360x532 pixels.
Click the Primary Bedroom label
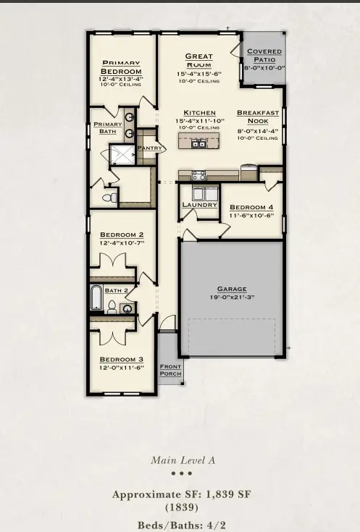[121, 67]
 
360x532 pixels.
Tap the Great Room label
[198, 60]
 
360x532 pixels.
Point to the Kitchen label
[199, 113]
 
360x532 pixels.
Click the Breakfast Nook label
[257, 117]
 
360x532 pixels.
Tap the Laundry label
[199, 205]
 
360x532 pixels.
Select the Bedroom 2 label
[121, 235]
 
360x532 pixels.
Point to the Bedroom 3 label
[121, 360]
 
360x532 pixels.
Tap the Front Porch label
[170, 371]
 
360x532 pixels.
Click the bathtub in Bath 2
[96, 298]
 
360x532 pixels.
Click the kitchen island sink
[198, 143]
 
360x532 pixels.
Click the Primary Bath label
[108, 128]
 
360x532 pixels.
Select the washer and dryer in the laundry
[203, 193]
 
